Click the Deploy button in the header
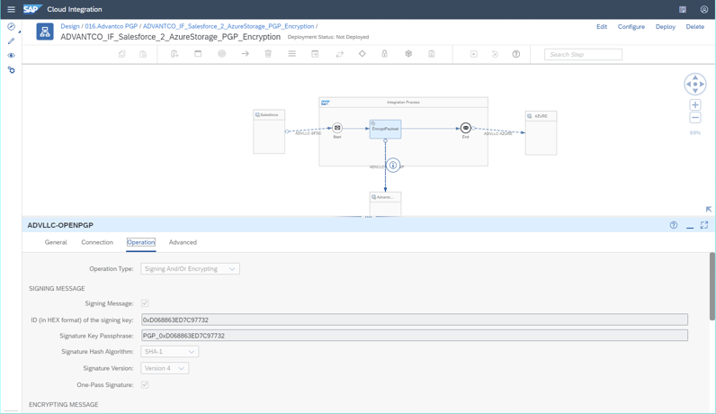tap(665, 27)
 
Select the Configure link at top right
tap(631, 27)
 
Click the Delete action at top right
tap(694, 27)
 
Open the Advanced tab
tap(183, 242)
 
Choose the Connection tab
tap(97, 242)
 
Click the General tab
tap(56, 242)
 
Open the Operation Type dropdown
tap(190, 268)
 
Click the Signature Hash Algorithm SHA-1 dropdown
tap(169, 352)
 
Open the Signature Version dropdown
tap(165, 368)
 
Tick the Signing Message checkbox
tap(145, 303)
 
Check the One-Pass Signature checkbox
tap(145, 384)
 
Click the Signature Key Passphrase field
tap(414, 336)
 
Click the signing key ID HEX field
tap(414, 319)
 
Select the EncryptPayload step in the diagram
tap(385, 129)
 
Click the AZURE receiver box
tap(541, 133)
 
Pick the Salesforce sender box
tap(269, 132)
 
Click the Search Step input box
tap(583, 54)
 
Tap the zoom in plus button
tap(695, 105)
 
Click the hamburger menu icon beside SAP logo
tap(11, 9)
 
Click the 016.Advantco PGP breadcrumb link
tap(112, 26)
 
